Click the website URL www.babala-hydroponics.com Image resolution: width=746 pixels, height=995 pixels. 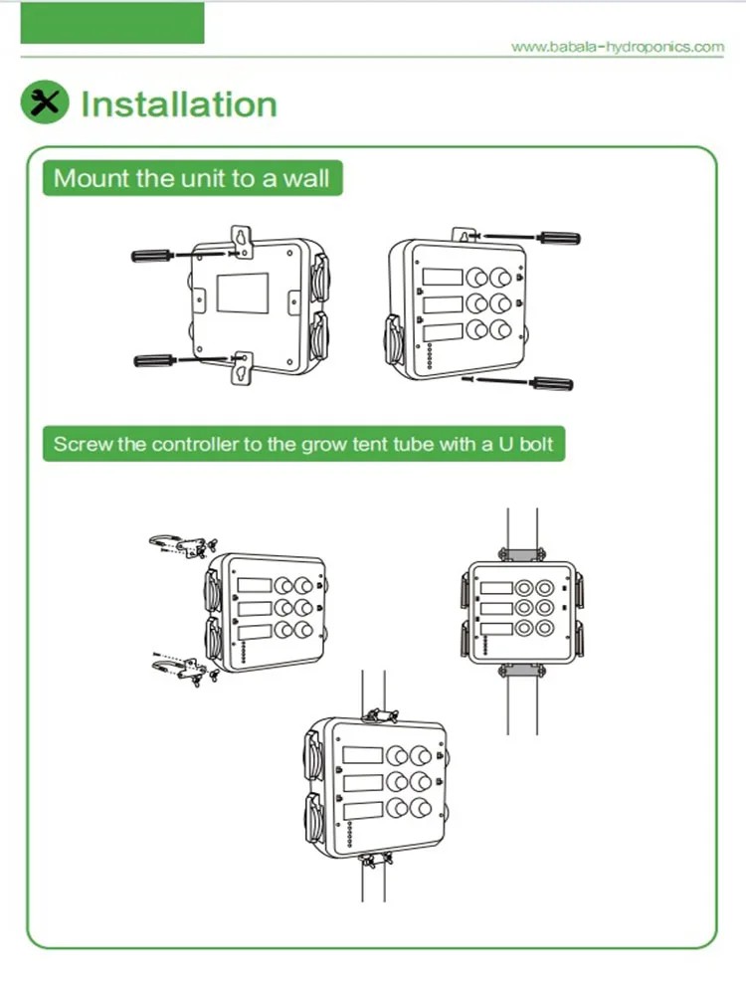(x=618, y=47)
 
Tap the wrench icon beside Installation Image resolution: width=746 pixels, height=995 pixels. (x=44, y=102)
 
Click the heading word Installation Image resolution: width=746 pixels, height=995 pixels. (x=179, y=104)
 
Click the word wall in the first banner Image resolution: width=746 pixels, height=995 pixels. (x=306, y=178)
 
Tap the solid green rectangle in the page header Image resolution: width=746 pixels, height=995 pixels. (x=112, y=23)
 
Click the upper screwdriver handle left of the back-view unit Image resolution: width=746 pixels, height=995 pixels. (x=151, y=255)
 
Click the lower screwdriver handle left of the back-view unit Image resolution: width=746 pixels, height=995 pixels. (x=154, y=360)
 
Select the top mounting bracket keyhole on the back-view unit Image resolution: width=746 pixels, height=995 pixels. (x=241, y=238)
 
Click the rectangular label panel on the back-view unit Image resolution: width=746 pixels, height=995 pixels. (x=243, y=293)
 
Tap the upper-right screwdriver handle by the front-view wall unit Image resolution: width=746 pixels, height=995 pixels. (x=558, y=239)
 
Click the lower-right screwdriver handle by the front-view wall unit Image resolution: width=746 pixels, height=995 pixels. (x=552, y=383)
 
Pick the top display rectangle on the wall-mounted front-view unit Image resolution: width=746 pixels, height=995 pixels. (x=443, y=277)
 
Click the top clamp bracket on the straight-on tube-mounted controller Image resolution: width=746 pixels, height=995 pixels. (x=522, y=554)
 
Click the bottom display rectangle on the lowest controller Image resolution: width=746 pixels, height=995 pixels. (x=363, y=811)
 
